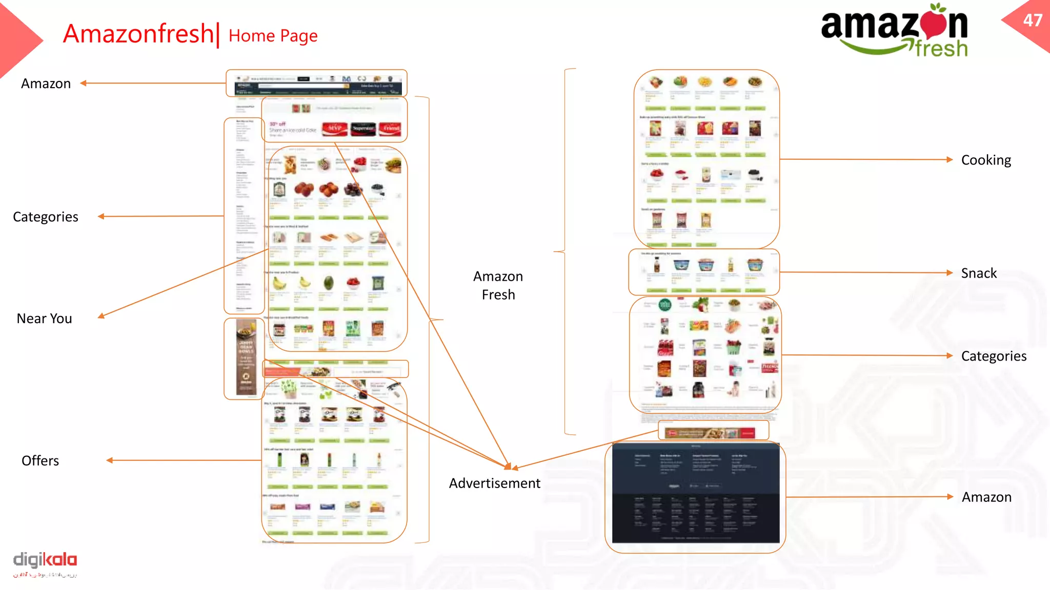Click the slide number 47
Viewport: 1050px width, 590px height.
point(1032,20)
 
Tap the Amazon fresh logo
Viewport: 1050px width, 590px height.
point(895,31)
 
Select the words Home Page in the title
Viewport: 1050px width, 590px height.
point(273,36)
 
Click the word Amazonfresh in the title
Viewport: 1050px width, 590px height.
point(138,34)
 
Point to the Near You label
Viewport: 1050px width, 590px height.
point(45,319)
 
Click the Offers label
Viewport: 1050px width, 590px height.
point(41,461)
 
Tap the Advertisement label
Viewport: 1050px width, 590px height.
point(494,483)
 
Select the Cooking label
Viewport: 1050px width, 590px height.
point(986,160)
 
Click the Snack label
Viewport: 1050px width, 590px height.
point(979,273)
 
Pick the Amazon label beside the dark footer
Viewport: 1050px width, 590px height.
point(986,497)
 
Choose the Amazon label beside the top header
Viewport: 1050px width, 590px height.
point(46,83)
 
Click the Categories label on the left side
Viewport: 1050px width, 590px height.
point(46,217)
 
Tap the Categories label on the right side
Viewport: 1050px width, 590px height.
point(994,356)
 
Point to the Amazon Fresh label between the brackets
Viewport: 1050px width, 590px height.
point(498,286)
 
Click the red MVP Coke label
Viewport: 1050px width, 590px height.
point(334,128)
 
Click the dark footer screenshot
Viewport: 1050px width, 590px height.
point(696,493)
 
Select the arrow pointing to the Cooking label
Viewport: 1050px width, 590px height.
point(866,159)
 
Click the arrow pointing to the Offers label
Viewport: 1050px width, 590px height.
point(185,460)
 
